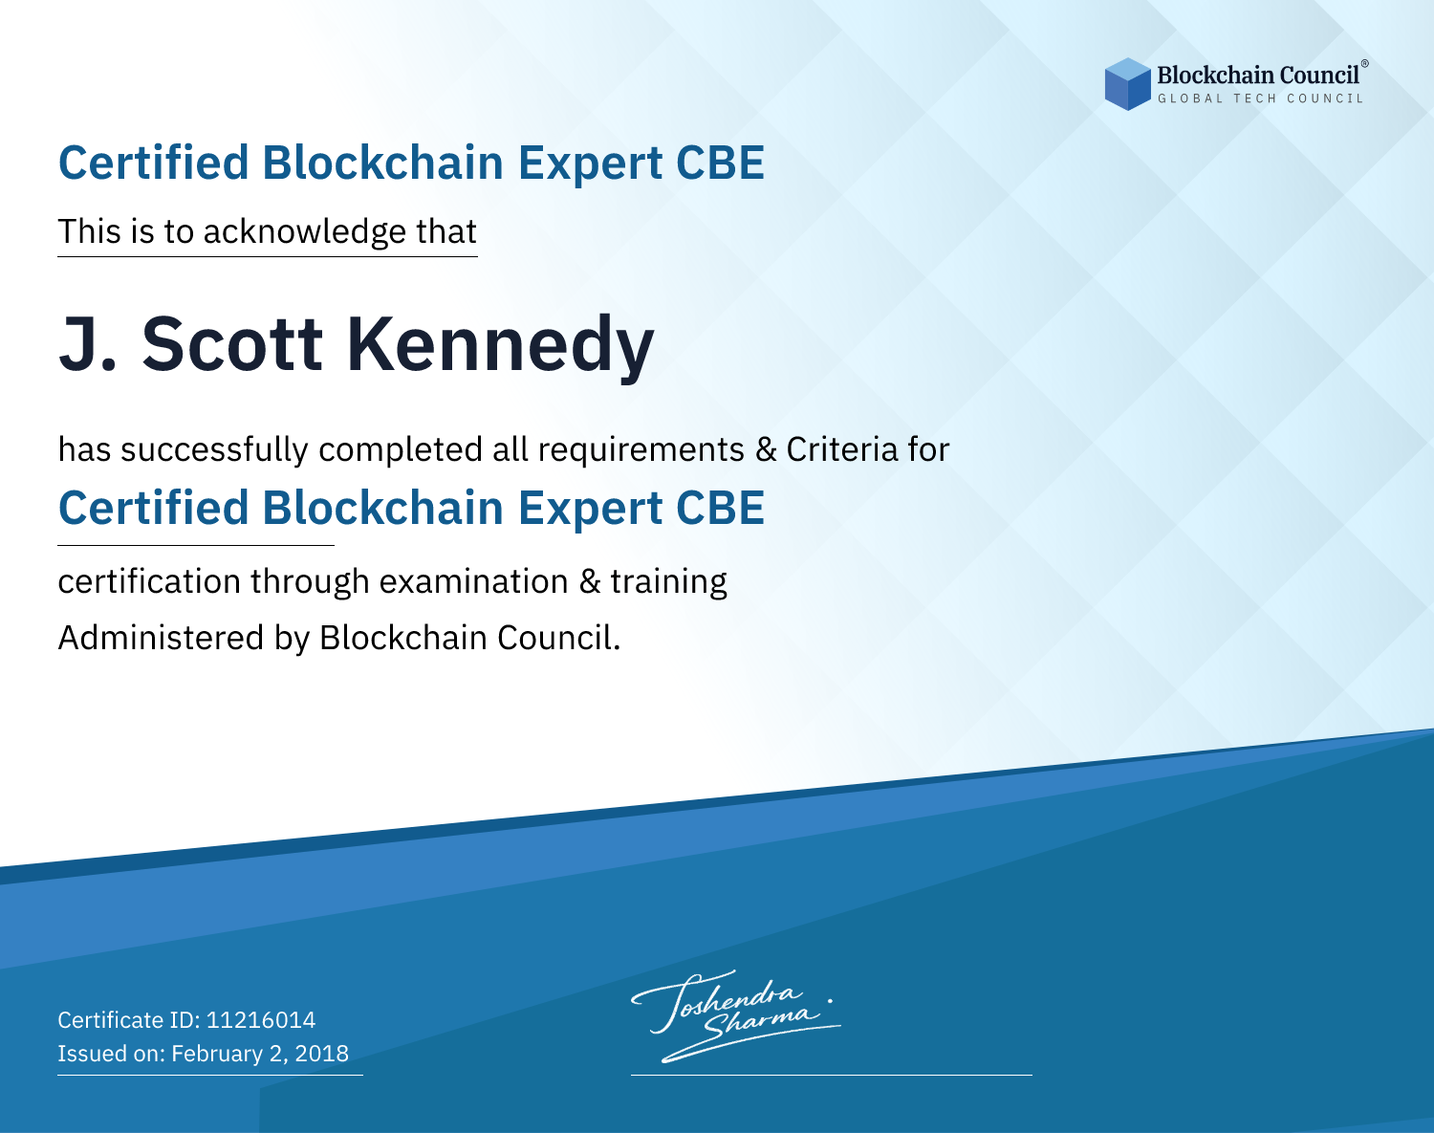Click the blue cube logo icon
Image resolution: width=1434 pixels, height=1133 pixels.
point(1127,84)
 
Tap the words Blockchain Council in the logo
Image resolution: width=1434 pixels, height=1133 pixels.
point(1257,76)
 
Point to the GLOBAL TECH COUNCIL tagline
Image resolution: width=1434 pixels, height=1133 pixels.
point(1260,98)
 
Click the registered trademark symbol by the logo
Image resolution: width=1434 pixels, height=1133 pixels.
point(1365,64)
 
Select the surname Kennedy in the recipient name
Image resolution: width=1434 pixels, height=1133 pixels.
point(500,346)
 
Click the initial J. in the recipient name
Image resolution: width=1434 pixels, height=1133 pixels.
point(87,344)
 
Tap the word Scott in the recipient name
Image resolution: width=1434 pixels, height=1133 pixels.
point(232,344)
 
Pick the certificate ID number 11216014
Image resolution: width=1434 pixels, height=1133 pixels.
point(261,1019)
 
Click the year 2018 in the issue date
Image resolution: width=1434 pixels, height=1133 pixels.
point(321,1053)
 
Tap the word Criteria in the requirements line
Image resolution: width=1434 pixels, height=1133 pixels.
point(841,449)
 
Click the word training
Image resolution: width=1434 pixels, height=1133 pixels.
point(668,582)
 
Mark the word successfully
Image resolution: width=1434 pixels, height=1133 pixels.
point(214,450)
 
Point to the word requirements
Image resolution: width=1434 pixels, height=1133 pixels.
point(641,450)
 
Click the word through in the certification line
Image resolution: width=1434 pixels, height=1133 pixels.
point(310,582)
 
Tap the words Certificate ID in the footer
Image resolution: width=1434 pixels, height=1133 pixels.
point(129,1019)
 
